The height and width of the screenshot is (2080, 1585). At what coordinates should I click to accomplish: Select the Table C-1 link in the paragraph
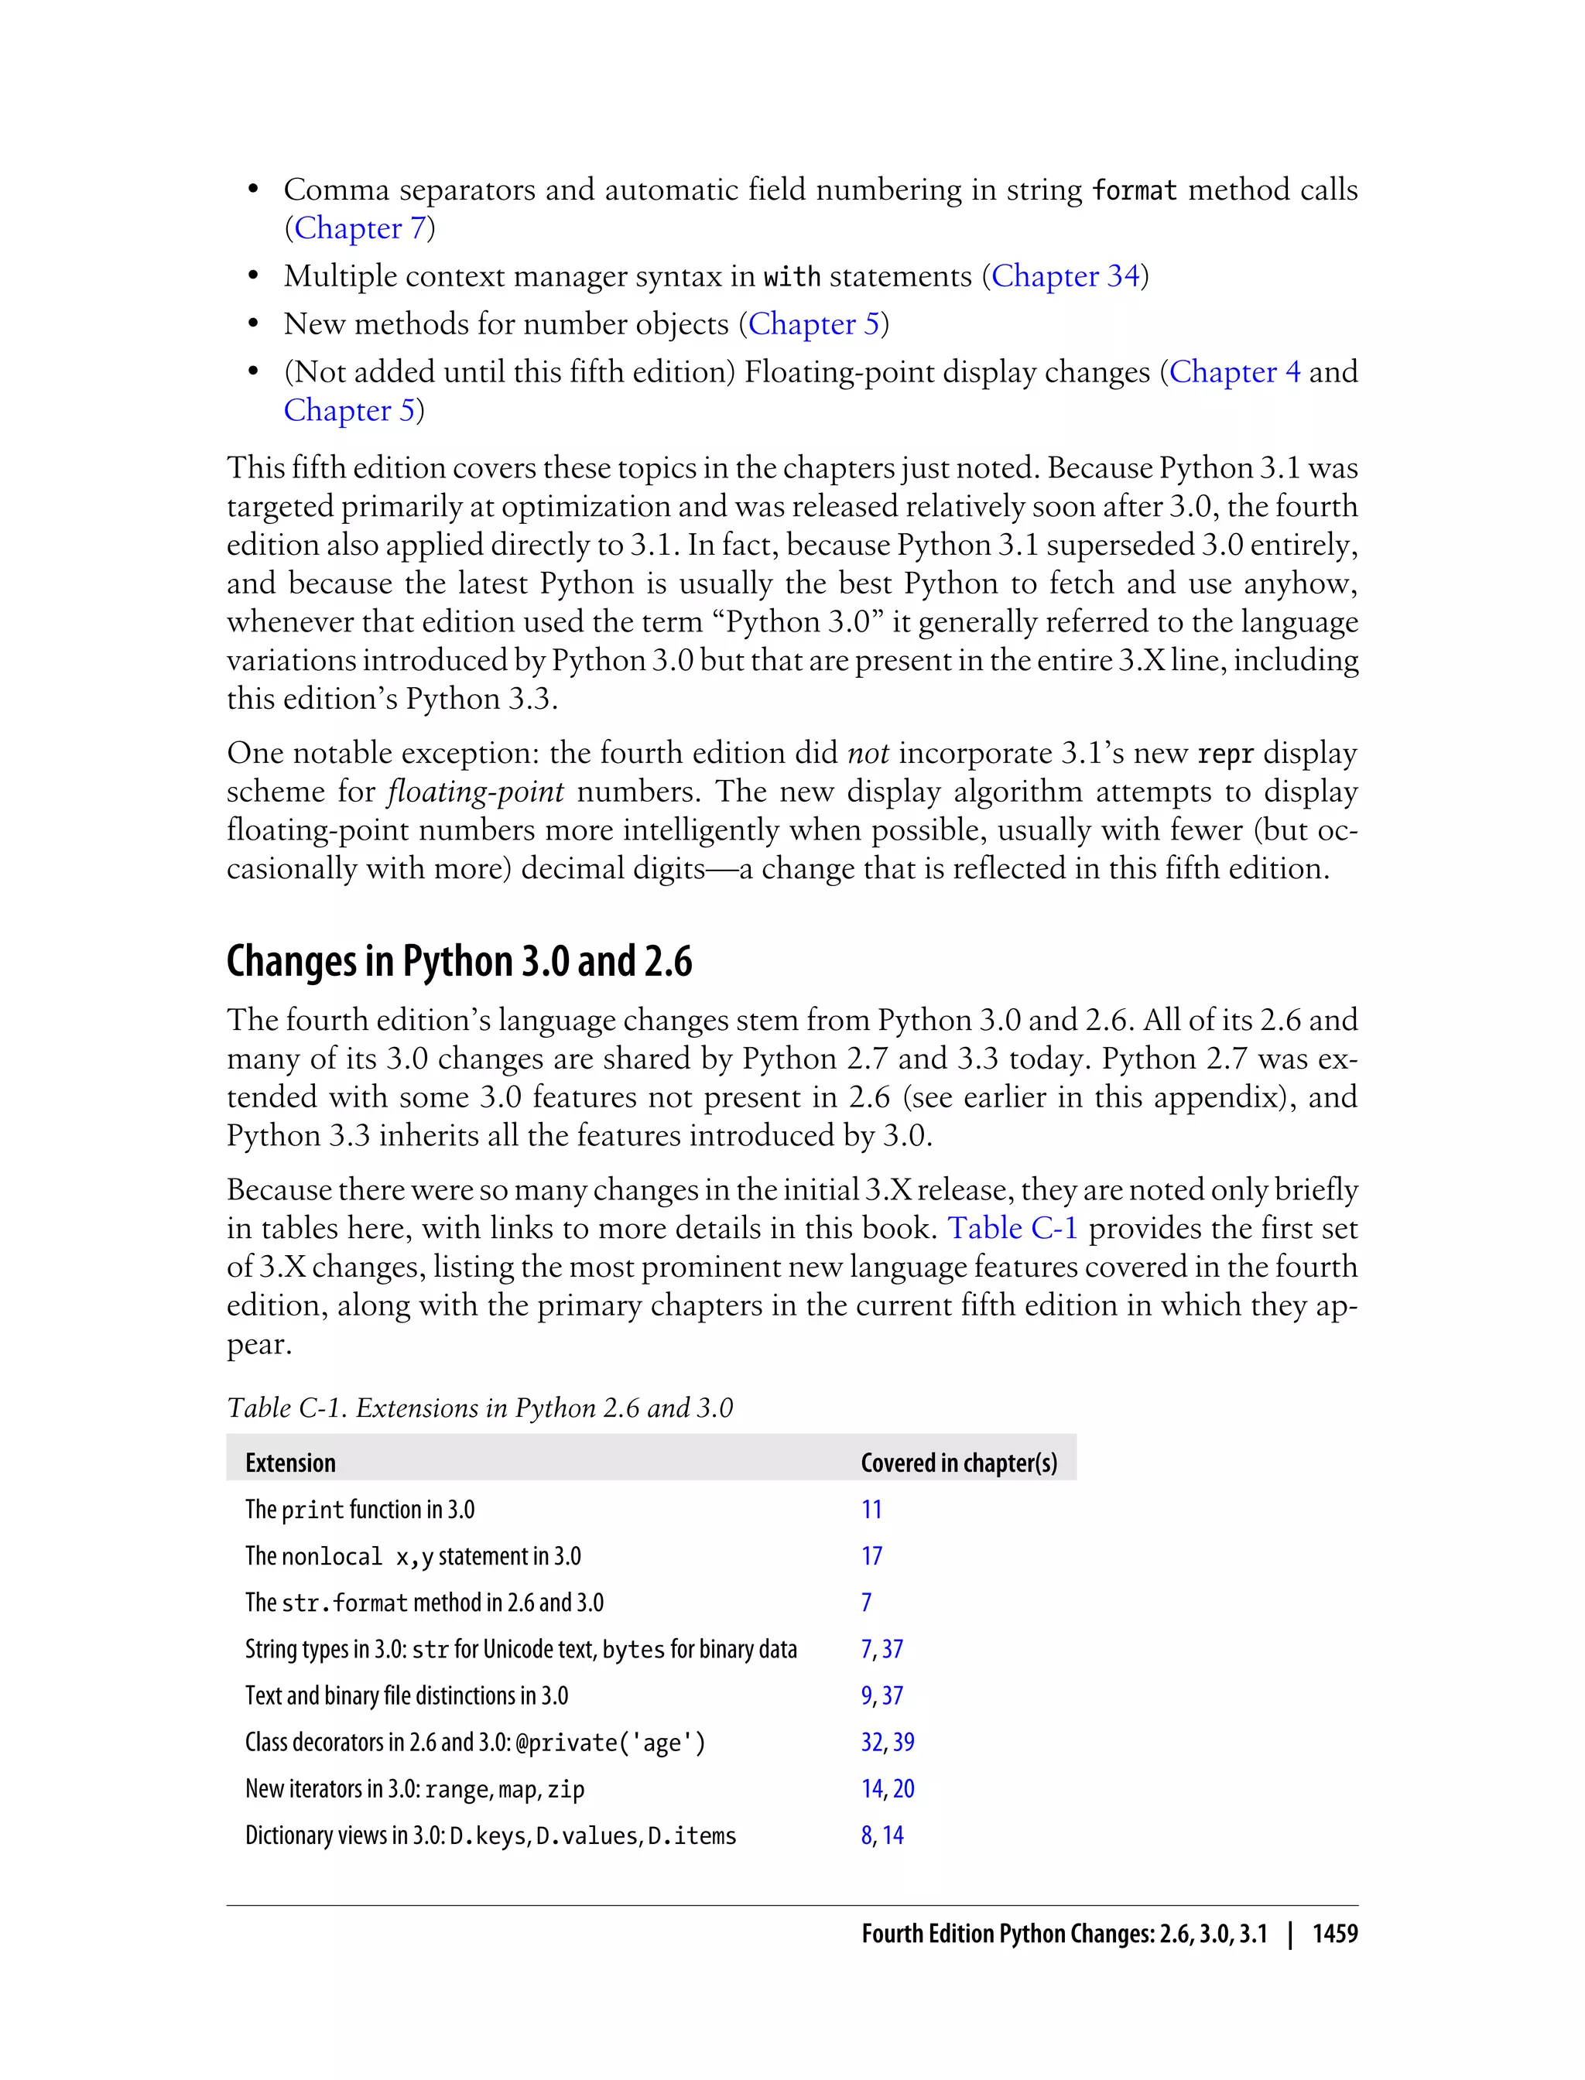pos(1012,1228)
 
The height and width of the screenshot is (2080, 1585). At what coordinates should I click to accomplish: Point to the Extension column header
pos(289,1462)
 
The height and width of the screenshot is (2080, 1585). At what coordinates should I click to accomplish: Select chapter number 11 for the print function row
pos(871,1509)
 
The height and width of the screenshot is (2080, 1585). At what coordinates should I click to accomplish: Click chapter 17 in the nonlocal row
pos(871,1555)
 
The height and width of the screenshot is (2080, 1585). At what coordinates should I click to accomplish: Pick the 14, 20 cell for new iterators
pos(887,1788)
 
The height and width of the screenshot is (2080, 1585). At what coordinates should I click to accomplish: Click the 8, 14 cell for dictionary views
pos(882,1835)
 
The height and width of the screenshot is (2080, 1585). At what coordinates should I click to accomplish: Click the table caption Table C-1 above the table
pos(479,1408)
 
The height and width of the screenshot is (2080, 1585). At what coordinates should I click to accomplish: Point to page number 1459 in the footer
pos(1334,1934)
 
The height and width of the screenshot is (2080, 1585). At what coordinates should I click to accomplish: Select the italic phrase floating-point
pos(474,792)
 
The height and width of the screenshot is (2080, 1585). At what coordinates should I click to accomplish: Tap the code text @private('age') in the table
pos(610,1743)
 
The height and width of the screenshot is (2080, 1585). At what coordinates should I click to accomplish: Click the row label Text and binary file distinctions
pos(406,1695)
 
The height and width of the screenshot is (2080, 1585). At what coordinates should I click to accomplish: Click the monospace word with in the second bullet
pos(792,277)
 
